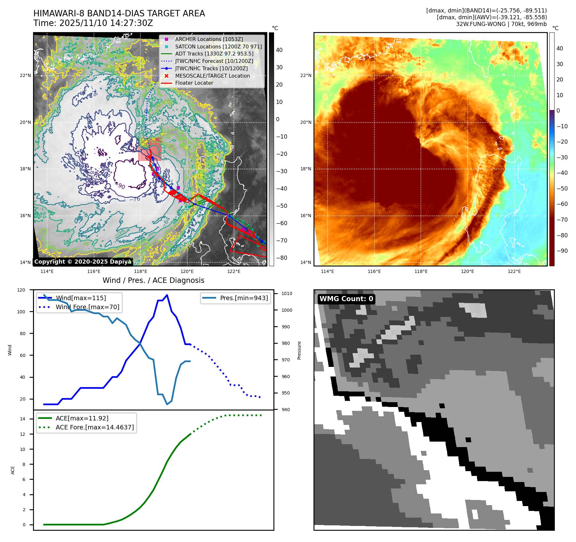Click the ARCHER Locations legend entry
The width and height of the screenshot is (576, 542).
point(209,39)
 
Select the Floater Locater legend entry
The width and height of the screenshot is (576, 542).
point(194,83)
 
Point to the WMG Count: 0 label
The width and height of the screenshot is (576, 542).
point(346,299)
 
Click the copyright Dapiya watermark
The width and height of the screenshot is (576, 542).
point(83,262)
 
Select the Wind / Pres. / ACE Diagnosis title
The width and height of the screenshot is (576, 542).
point(153,280)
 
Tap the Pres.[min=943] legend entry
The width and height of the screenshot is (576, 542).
point(244,298)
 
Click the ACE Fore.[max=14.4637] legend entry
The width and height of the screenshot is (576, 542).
point(95,427)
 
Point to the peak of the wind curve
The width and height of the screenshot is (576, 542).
point(167,295)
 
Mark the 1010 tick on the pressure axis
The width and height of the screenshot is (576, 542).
point(287,293)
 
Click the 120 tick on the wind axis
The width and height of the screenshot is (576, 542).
point(21,290)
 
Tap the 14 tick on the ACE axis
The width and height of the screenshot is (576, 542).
point(22,419)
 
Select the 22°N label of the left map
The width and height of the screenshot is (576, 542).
point(25,76)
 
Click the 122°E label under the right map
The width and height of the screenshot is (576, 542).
point(514,271)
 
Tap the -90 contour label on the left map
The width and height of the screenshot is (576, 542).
point(121,186)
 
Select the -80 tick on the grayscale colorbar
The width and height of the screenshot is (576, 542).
point(282,258)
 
